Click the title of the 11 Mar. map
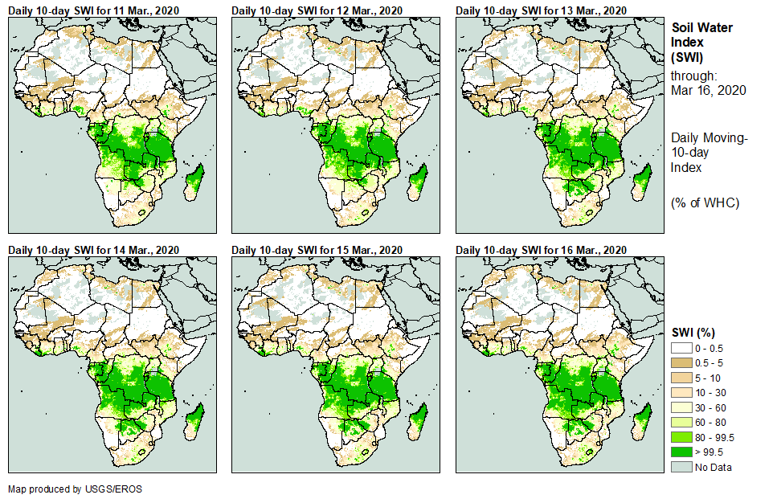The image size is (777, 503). (x=94, y=10)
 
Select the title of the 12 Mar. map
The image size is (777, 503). (x=317, y=10)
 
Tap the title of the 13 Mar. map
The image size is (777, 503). (x=541, y=10)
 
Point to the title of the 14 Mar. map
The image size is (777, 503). (x=94, y=250)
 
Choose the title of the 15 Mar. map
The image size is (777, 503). (x=317, y=250)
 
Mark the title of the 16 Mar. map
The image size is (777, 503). (x=541, y=250)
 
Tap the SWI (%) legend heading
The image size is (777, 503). (x=693, y=332)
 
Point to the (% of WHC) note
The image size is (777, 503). (x=705, y=202)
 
